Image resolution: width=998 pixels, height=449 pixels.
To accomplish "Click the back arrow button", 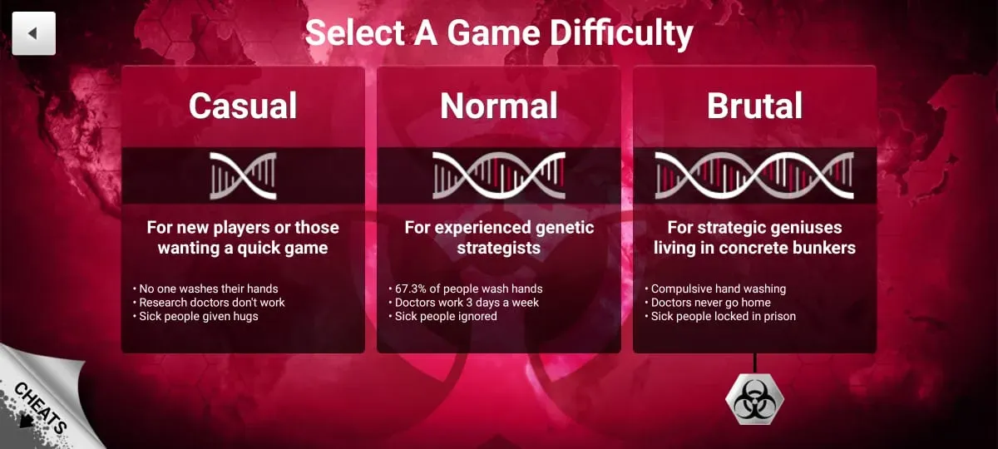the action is point(34,33).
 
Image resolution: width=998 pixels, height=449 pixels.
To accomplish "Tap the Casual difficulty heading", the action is point(243,106).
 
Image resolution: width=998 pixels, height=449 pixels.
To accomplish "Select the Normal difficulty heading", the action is point(498,106).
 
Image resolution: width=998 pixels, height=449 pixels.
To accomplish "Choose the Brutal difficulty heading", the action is point(755,106).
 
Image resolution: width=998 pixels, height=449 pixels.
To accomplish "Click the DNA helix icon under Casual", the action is point(243,176).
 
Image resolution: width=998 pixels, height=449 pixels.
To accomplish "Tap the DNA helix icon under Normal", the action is point(498,176).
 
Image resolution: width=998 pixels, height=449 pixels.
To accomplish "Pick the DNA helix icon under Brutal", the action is point(754,176).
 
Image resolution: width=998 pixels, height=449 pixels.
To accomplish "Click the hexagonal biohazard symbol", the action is point(755,399).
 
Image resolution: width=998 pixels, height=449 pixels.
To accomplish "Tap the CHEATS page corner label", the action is point(41,407).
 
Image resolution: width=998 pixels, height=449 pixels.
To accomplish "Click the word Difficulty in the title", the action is point(621,34).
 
